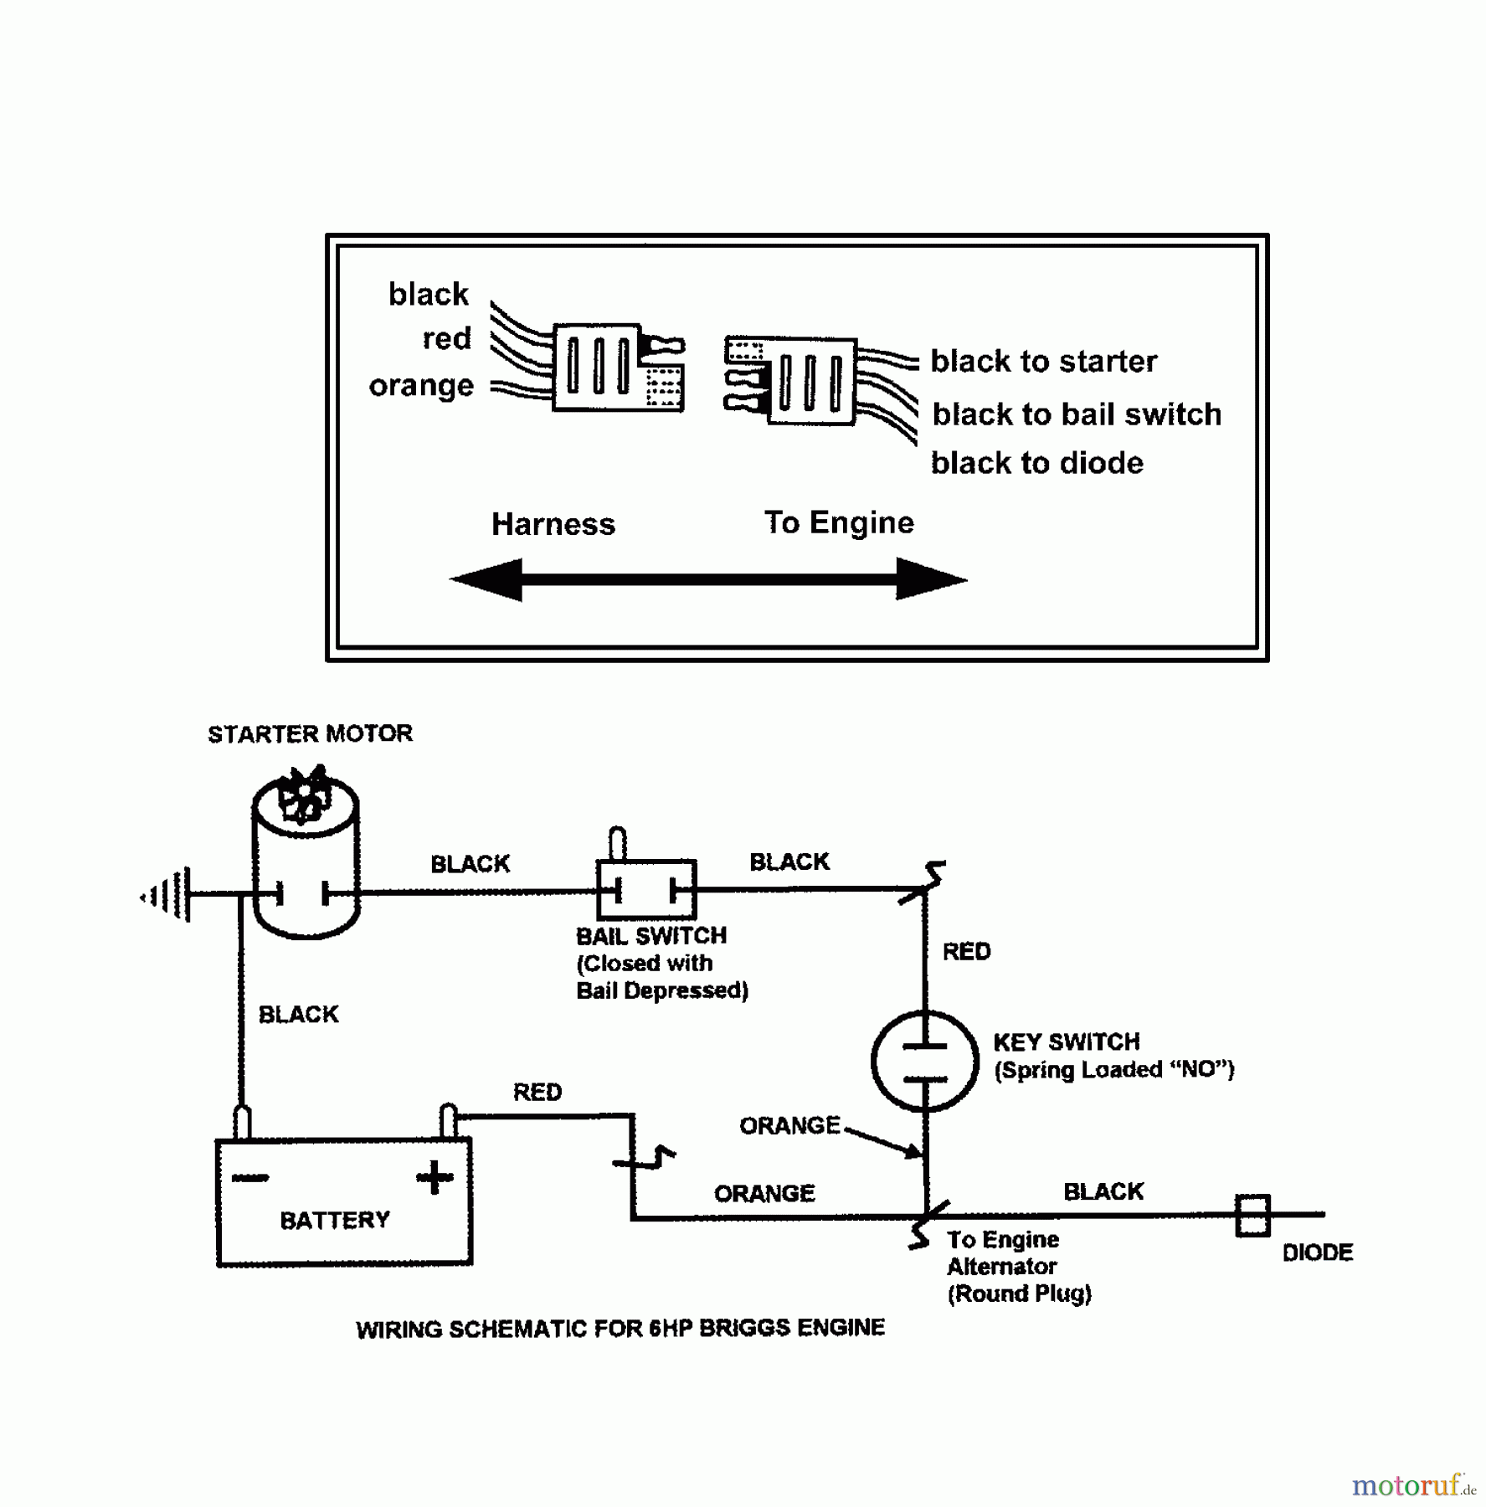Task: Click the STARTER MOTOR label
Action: [x=310, y=734]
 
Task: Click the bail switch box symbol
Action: [x=646, y=889]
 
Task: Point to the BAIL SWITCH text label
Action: [x=651, y=936]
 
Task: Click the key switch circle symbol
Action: [x=924, y=1061]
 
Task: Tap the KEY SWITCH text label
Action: [x=1067, y=1042]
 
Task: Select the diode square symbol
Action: [x=1252, y=1215]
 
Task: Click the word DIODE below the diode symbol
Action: [x=1317, y=1253]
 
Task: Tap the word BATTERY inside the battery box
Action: [x=335, y=1221]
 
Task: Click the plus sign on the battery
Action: [x=434, y=1177]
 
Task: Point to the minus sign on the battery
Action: [x=249, y=1178]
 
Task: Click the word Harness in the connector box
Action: [x=553, y=525]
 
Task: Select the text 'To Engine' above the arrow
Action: [x=839, y=523]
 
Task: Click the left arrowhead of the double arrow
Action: [x=486, y=579]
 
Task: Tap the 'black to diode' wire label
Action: [x=1036, y=464]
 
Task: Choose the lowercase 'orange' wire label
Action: [x=421, y=386]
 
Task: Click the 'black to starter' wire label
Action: [x=1043, y=362]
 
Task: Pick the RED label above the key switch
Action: [x=966, y=952]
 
